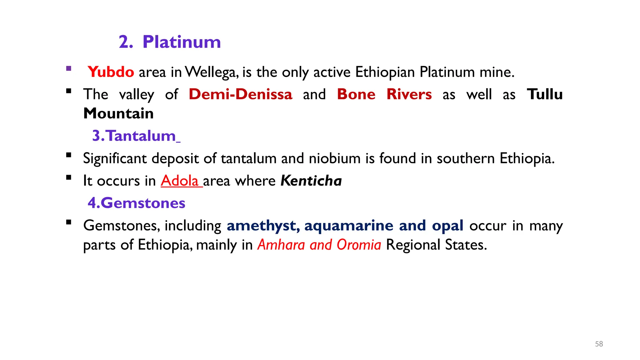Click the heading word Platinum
pos(182,42)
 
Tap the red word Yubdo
pos(111,72)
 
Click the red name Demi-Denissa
pos(241,94)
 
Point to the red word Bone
pos(356,94)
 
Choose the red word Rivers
pos(409,94)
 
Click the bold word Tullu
pos(545,94)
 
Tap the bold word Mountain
pos(118,113)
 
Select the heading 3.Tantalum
pos(134,136)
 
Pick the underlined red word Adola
pos(180,181)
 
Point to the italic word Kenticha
pos(311,181)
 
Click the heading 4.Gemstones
pos(137,203)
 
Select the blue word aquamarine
pos(349,226)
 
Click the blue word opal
pos(447,226)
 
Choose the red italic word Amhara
pos(281,245)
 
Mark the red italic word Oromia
pos(359,245)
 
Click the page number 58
pos(599,344)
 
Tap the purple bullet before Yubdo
pos(69,69)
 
